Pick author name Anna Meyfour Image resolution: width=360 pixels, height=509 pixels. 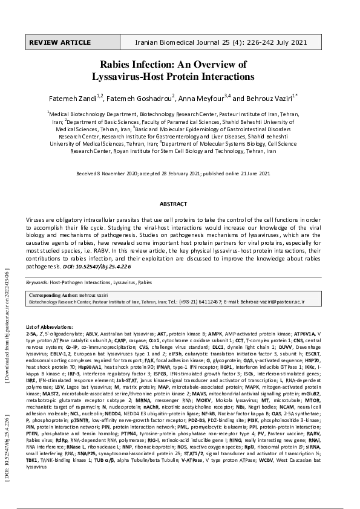click(x=203, y=98)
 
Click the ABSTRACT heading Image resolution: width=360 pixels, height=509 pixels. click(x=180, y=205)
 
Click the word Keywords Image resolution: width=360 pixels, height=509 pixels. click(x=37, y=282)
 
